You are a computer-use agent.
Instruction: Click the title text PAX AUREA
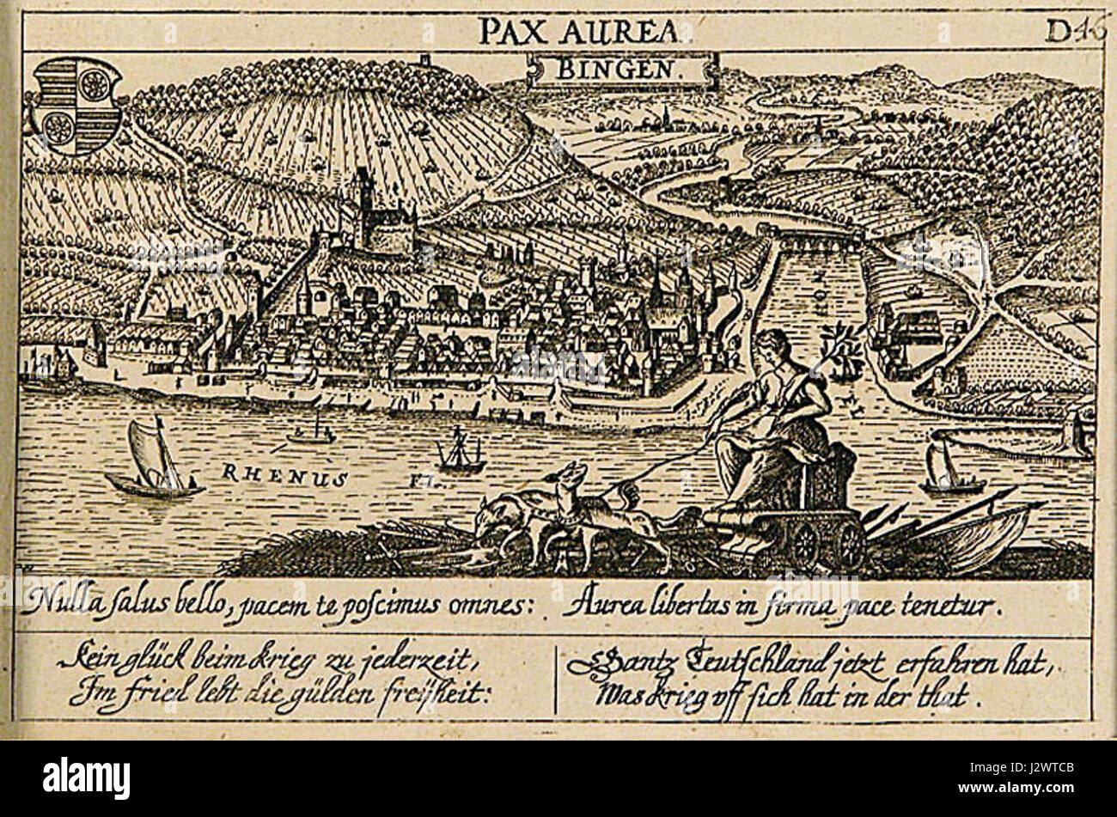(581, 31)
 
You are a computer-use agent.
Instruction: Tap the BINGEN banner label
(619, 69)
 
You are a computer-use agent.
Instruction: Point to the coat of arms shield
(76, 105)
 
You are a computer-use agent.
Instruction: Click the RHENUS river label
(284, 472)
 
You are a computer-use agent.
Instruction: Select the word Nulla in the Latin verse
(57, 604)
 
